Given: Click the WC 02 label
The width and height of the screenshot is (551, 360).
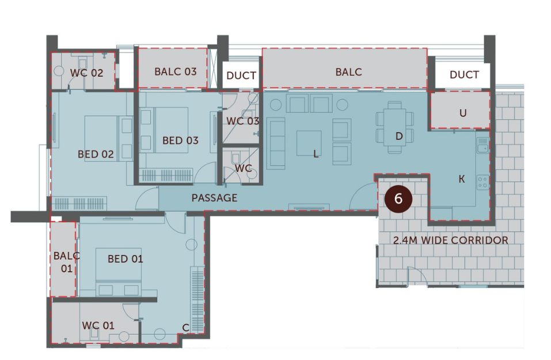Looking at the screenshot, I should [x=87, y=73].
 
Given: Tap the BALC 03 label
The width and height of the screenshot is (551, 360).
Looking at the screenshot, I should [x=176, y=72].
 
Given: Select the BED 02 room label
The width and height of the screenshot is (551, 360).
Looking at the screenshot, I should [x=96, y=154].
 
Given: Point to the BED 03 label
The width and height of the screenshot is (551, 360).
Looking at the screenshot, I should [x=180, y=140].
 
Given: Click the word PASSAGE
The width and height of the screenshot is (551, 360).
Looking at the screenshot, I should [x=214, y=198].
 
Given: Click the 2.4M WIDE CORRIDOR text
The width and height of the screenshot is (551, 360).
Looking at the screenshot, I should [x=450, y=240].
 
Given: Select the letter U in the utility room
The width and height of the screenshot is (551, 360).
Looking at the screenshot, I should [x=463, y=113].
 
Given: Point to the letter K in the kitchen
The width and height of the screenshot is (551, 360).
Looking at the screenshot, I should [x=461, y=179].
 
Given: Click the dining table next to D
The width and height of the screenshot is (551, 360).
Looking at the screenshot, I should [x=394, y=127].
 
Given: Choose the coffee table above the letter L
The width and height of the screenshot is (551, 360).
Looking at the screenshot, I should [x=309, y=142].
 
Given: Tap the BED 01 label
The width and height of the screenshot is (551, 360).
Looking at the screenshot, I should [x=126, y=259].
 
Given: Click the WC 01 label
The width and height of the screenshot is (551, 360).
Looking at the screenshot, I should [x=98, y=325].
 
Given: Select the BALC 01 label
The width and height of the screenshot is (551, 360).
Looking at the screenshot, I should [x=63, y=261].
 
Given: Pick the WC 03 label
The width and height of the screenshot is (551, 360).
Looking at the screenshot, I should [x=242, y=121].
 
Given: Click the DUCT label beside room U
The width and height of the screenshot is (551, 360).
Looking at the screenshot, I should [x=464, y=75].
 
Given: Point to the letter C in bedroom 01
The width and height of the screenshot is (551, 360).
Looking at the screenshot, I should [x=185, y=328].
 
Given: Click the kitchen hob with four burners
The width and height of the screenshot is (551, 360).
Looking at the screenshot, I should [x=482, y=183].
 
